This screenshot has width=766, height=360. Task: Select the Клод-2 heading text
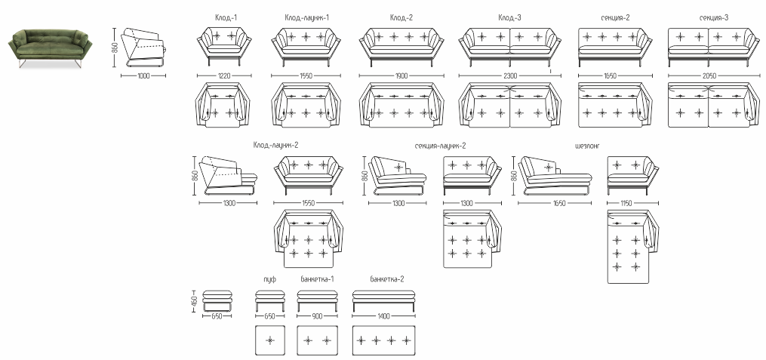tap(401, 17)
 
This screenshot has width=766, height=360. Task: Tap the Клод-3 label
tap(509, 17)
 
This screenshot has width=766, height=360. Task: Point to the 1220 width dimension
tap(223, 75)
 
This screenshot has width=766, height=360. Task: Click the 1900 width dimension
tap(401, 75)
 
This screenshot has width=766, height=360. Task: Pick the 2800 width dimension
tap(510, 75)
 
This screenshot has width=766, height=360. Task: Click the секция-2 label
tap(614, 17)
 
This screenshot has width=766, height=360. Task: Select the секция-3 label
tap(713, 17)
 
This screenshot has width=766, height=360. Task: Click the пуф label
tap(269, 279)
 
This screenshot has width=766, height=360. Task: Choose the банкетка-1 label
tap(317, 279)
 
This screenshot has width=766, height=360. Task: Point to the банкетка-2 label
tap(386, 279)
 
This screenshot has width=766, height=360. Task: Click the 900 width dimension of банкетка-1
tap(316, 316)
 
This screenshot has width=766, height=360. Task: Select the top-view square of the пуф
tap(269, 340)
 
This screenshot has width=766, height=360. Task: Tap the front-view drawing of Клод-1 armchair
tap(223, 47)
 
